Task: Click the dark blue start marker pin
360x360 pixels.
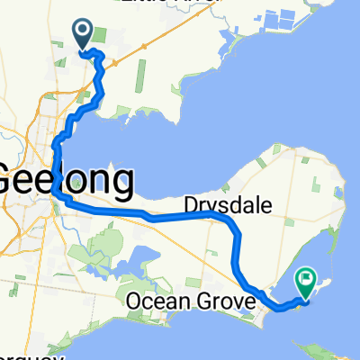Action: pos(82,35)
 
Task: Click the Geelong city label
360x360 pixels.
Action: pos(67,179)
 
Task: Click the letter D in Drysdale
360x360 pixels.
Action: pos(192,204)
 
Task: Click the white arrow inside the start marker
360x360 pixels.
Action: pos(82,31)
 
